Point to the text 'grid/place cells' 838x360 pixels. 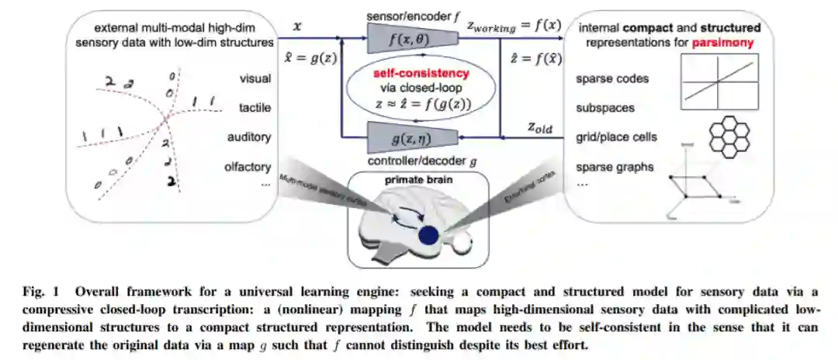point(617,137)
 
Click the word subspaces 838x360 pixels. point(605,108)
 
